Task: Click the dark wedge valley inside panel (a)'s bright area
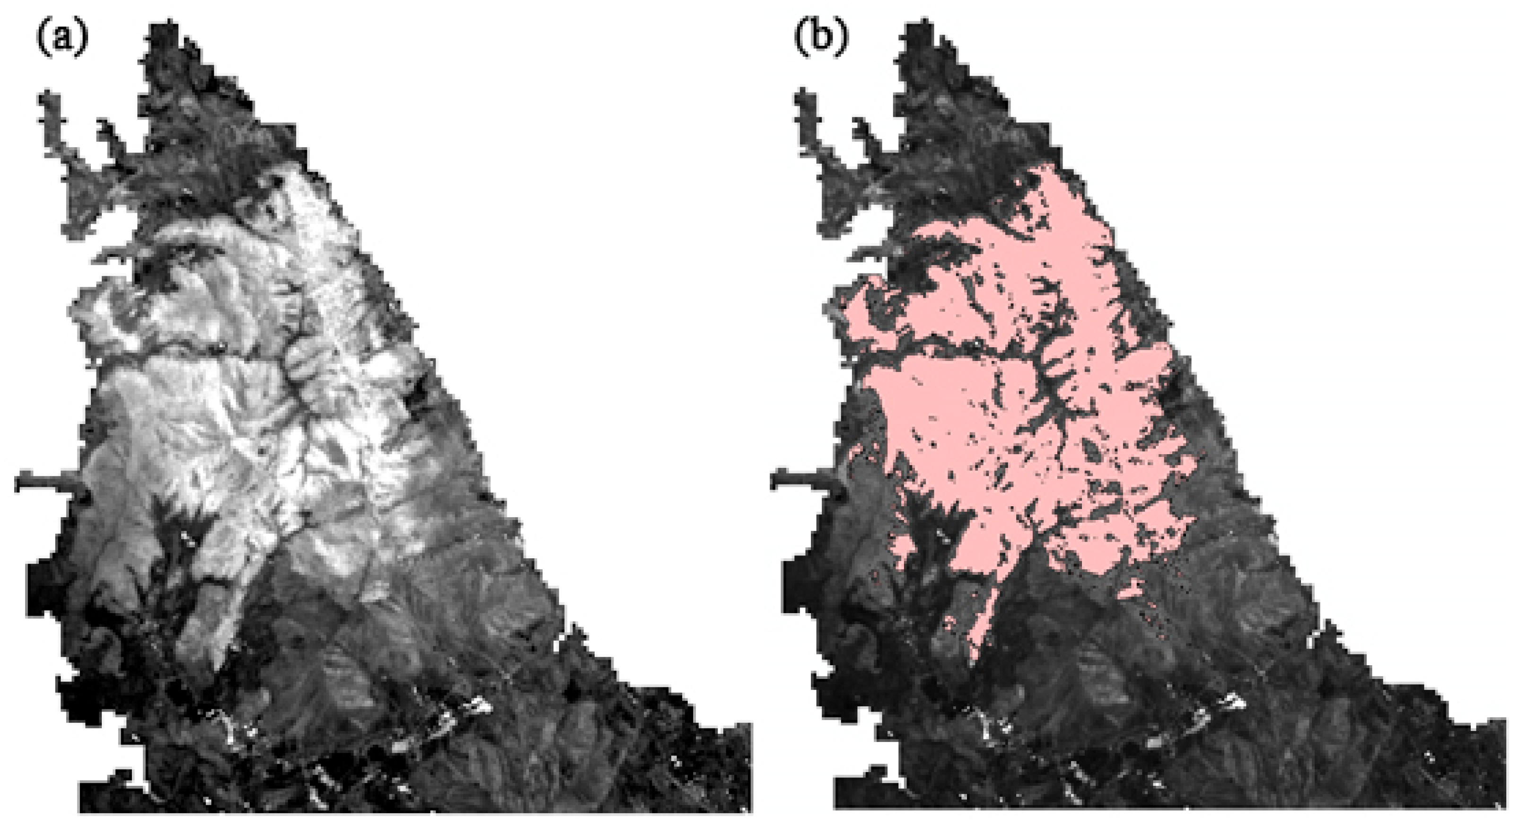point(177,531)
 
